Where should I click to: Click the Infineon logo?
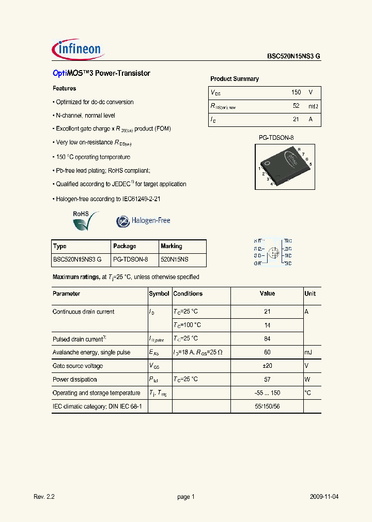78,50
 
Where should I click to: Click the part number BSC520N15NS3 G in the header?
293,57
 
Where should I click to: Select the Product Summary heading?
234,79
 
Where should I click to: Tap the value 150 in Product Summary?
296,92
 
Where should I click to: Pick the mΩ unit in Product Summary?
313,106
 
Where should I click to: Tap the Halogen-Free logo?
143,221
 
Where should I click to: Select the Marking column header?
171,247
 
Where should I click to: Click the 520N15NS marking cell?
175,260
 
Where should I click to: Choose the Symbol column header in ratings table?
159,293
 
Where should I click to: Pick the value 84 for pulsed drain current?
267,338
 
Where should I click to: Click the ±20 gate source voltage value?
267,366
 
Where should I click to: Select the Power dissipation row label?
75,380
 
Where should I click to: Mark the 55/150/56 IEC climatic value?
267,406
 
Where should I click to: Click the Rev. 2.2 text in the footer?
44,497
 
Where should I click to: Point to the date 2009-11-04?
324,497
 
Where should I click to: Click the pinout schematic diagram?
273,252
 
